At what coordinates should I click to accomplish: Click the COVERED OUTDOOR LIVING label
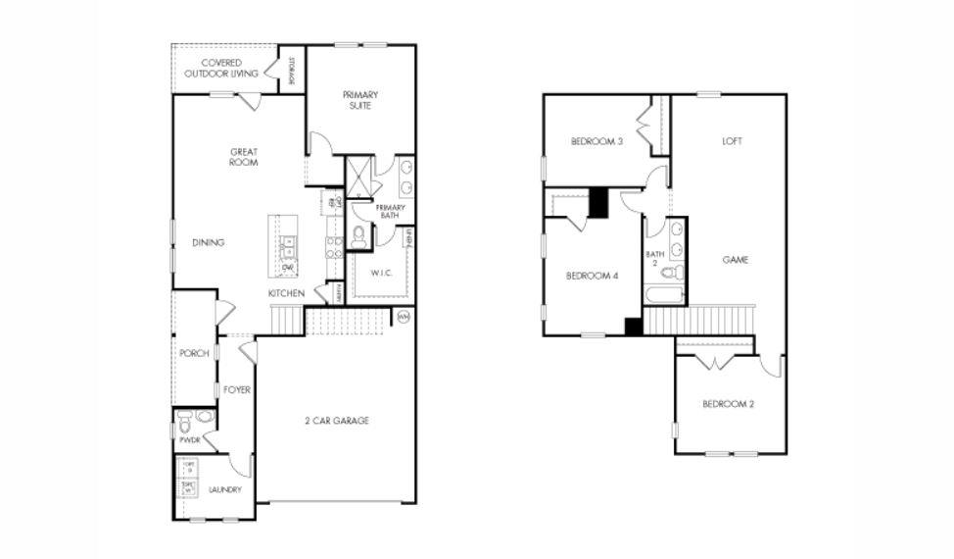click(223, 68)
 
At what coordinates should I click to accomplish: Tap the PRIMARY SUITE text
click(359, 99)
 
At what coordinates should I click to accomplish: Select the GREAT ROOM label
click(244, 157)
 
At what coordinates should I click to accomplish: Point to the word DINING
click(208, 243)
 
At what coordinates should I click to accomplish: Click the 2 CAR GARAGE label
click(336, 421)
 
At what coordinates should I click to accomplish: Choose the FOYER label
click(236, 389)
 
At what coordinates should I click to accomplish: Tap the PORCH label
click(194, 353)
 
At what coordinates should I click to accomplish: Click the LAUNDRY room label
click(224, 489)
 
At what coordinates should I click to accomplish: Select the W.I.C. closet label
click(381, 273)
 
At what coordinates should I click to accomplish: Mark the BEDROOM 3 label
click(596, 141)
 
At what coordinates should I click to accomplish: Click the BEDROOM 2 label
click(728, 404)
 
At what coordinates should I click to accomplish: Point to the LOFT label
click(732, 141)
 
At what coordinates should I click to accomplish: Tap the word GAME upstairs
click(735, 260)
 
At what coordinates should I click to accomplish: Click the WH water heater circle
click(404, 317)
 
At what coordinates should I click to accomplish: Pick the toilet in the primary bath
click(358, 235)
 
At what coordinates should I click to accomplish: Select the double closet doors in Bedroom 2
click(714, 363)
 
